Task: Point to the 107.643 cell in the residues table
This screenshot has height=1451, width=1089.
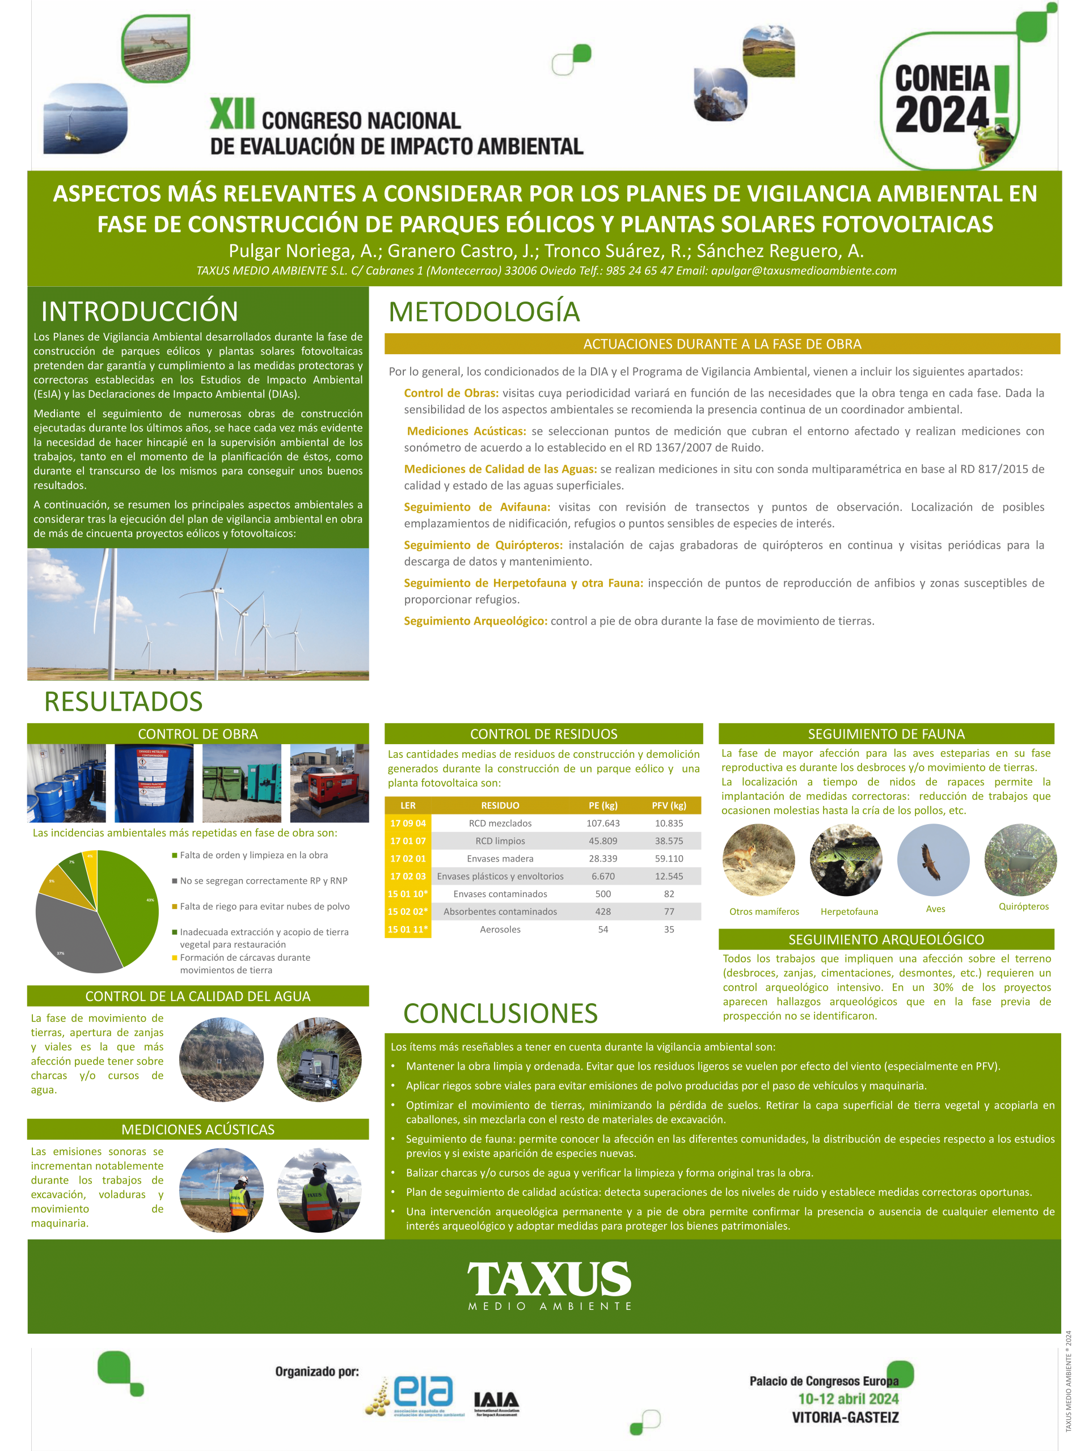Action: point(602,823)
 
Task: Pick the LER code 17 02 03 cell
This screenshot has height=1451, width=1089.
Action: point(408,876)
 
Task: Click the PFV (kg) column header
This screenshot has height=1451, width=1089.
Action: point(668,805)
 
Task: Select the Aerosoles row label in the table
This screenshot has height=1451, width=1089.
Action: point(500,930)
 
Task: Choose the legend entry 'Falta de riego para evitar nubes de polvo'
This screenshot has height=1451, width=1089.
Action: point(264,906)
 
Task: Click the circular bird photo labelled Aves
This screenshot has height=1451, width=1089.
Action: point(933,860)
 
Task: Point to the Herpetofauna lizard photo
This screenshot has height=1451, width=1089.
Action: point(846,860)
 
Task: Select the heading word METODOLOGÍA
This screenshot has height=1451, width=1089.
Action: point(484,312)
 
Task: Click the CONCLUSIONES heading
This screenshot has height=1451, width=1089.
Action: point(500,1013)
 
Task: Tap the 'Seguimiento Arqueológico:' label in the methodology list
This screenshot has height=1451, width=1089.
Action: point(475,621)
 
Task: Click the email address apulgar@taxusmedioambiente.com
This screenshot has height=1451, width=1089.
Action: point(804,271)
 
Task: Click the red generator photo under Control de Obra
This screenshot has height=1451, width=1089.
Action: point(329,783)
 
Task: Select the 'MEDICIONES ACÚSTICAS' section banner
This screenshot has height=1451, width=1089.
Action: point(197,1130)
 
